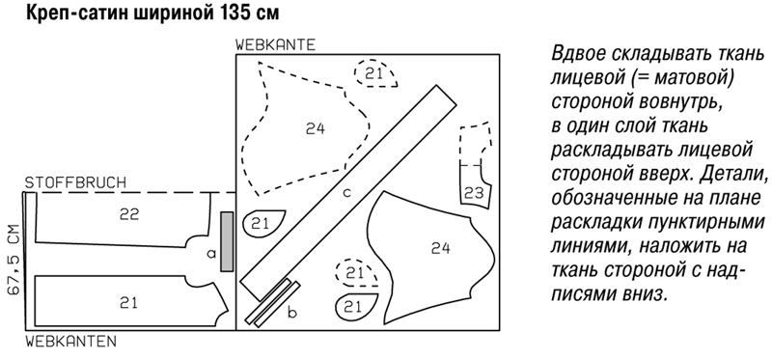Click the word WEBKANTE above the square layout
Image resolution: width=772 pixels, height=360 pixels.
[x=275, y=44]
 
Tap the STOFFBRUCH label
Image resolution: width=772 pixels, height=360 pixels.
[x=75, y=182]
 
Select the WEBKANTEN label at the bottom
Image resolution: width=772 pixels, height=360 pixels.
[x=70, y=341]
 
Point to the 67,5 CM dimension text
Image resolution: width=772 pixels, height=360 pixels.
[x=14, y=260]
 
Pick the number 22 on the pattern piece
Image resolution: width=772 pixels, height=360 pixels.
[x=129, y=214]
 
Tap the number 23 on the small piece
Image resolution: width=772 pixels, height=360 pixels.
[x=474, y=193]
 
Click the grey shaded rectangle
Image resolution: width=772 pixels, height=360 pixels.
[x=227, y=241]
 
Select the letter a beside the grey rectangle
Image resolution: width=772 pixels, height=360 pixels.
[x=211, y=254]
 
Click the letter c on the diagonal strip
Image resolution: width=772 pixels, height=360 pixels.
[x=346, y=193]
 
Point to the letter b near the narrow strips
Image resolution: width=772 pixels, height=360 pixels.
[x=292, y=313]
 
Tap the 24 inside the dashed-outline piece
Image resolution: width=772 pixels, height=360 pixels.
[x=316, y=129]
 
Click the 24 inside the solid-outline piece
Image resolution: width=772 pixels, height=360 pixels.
[x=440, y=248]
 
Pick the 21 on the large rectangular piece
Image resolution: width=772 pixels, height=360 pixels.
[x=128, y=302]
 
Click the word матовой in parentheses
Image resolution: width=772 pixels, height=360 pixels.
[x=686, y=79]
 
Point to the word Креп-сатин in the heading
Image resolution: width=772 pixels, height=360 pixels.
[x=75, y=14]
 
